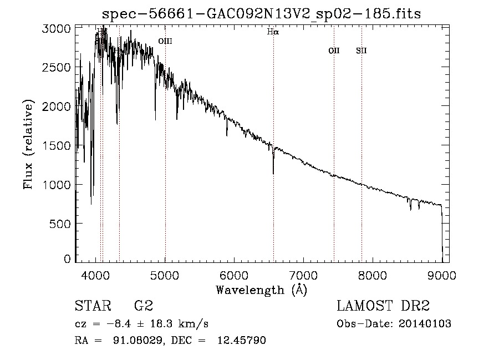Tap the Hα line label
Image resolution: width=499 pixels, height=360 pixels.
(273, 32)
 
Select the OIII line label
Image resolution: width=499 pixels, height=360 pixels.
(165, 41)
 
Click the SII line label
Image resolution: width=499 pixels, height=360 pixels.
(361, 51)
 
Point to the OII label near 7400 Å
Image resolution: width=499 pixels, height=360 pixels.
(334, 51)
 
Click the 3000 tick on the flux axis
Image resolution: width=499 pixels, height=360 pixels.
(56, 28)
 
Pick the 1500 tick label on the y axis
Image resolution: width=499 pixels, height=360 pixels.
(56, 145)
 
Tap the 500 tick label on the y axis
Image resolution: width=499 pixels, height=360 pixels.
(60, 224)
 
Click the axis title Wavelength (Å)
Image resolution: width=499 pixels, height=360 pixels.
(261, 289)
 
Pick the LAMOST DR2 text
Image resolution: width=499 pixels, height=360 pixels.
(383, 306)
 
